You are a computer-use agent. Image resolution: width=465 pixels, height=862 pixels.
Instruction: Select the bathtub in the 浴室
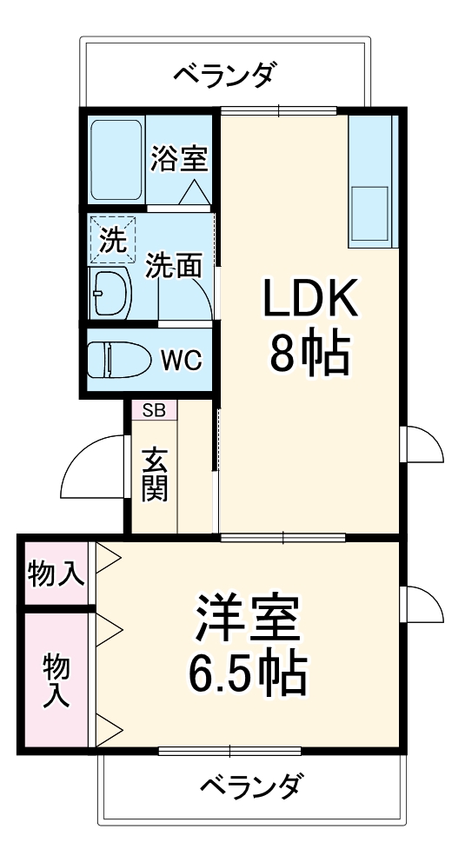point(117,159)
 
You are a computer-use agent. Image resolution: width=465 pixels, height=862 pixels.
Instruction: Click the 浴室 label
point(179,158)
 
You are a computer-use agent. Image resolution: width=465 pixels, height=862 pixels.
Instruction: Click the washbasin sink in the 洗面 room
point(111,292)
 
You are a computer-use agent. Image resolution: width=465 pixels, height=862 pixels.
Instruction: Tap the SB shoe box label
point(154,410)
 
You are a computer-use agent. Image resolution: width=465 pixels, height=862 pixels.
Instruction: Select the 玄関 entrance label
point(155,474)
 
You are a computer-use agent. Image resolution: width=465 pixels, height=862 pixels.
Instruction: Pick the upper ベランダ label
point(224,74)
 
